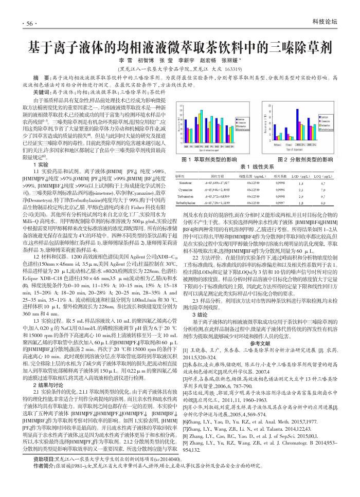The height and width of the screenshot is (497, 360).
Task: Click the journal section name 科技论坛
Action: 325,22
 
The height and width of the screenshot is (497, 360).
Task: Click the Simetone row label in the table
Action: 185,182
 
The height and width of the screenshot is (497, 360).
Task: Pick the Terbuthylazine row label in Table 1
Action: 185,203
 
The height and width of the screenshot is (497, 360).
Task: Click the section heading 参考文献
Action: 260,342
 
